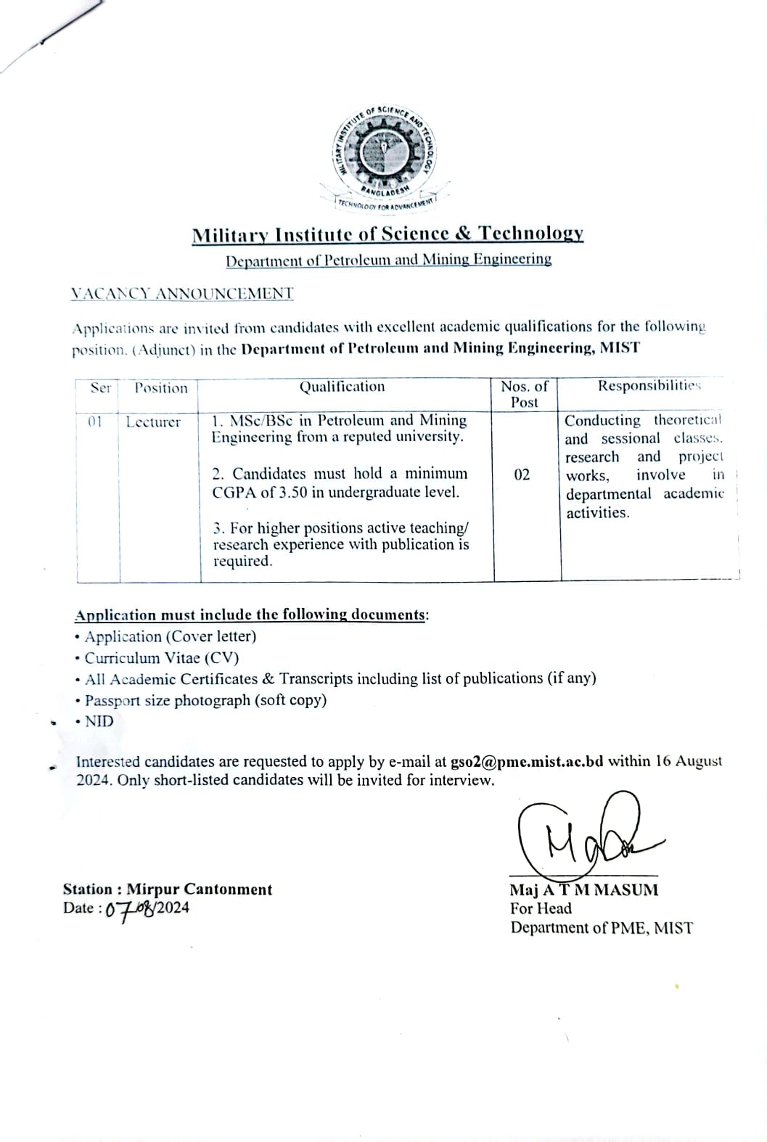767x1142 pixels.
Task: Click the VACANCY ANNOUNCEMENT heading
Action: tap(182, 294)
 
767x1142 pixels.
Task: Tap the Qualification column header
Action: tap(343, 387)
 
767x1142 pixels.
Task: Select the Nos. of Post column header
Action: tap(525, 394)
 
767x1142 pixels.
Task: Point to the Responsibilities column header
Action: tap(649, 385)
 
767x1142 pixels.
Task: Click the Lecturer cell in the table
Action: tap(153, 422)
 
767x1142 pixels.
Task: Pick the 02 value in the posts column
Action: tap(522, 475)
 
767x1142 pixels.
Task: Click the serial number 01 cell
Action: tap(95, 422)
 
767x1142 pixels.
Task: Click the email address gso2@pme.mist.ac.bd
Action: tap(527, 762)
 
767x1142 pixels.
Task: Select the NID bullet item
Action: tap(99, 721)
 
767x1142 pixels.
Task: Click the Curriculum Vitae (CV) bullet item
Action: tap(161, 658)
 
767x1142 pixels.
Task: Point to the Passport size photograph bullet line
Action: tap(205, 700)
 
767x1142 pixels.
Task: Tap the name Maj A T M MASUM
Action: tap(584, 890)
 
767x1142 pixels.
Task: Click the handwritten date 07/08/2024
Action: tap(147, 909)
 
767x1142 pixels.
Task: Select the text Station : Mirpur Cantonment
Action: tap(168, 890)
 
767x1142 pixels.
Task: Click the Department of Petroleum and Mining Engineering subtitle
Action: tap(388, 259)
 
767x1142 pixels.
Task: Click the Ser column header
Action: tap(101, 387)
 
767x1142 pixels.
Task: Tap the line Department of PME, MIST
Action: tap(602, 928)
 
